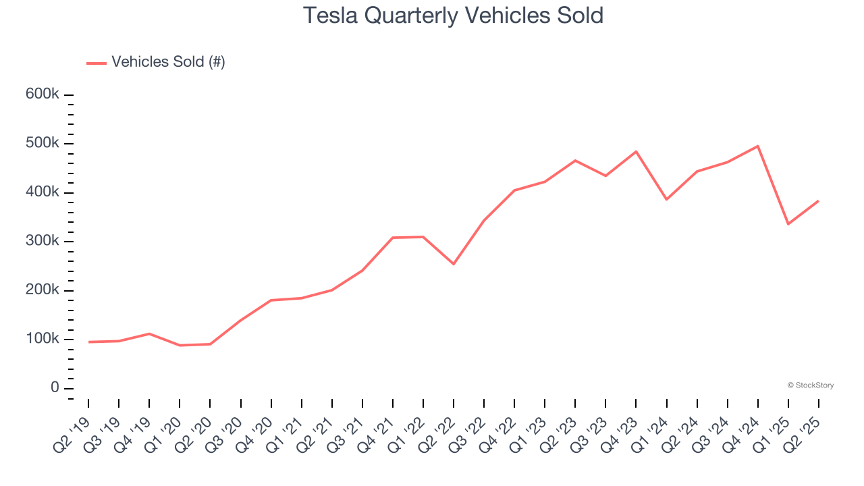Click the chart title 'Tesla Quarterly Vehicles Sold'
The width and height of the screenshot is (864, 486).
[453, 16]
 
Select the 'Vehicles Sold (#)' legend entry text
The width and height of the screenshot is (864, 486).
[168, 62]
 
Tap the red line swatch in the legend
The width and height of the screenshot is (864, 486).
[97, 63]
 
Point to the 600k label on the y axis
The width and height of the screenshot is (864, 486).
[42, 94]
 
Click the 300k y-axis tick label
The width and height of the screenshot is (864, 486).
[42, 241]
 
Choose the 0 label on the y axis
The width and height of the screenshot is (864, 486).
[54, 388]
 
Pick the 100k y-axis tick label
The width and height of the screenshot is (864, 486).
[42, 339]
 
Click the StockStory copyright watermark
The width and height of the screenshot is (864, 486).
[810, 385]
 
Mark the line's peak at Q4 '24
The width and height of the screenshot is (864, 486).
[757, 146]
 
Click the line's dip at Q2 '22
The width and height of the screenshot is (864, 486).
[454, 264]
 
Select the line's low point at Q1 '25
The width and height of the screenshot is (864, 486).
[788, 224]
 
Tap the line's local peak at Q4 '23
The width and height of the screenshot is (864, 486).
[636, 151]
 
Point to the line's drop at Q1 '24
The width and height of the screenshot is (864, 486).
[666, 199]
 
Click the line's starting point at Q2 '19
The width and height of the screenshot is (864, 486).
[89, 342]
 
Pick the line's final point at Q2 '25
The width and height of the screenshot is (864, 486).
[818, 201]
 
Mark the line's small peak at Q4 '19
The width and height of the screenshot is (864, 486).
[149, 333]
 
